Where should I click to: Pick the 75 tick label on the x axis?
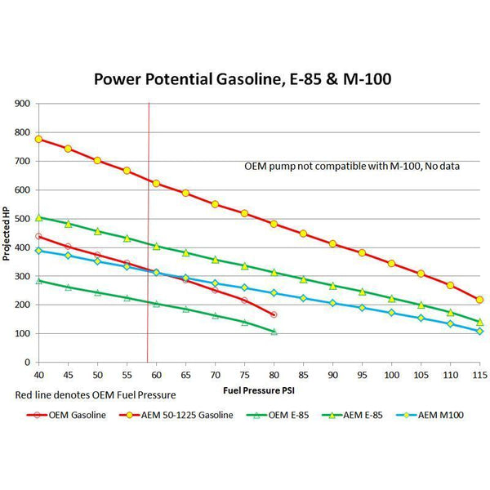(244, 374)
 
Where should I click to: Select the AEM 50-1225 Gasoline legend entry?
(177, 414)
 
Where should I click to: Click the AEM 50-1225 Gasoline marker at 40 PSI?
(38, 139)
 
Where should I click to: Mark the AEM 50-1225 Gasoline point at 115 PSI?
(479, 300)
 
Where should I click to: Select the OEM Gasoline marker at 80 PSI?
(274, 314)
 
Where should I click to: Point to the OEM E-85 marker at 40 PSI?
(38, 280)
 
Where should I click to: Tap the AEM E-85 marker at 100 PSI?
(391, 298)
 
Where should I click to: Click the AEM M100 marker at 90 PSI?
(332, 303)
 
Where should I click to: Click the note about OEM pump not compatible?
(352, 166)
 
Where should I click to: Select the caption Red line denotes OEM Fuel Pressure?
(96, 395)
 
